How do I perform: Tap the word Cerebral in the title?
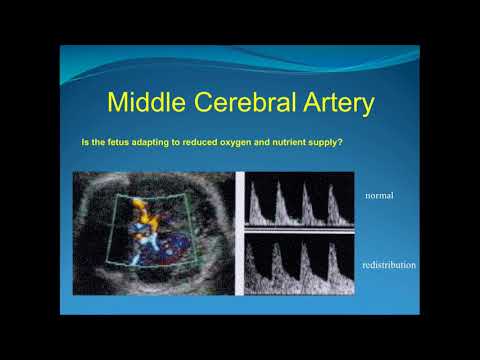(x=253, y=103)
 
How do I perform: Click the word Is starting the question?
(x=85, y=143)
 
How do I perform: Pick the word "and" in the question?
(x=266, y=143)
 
